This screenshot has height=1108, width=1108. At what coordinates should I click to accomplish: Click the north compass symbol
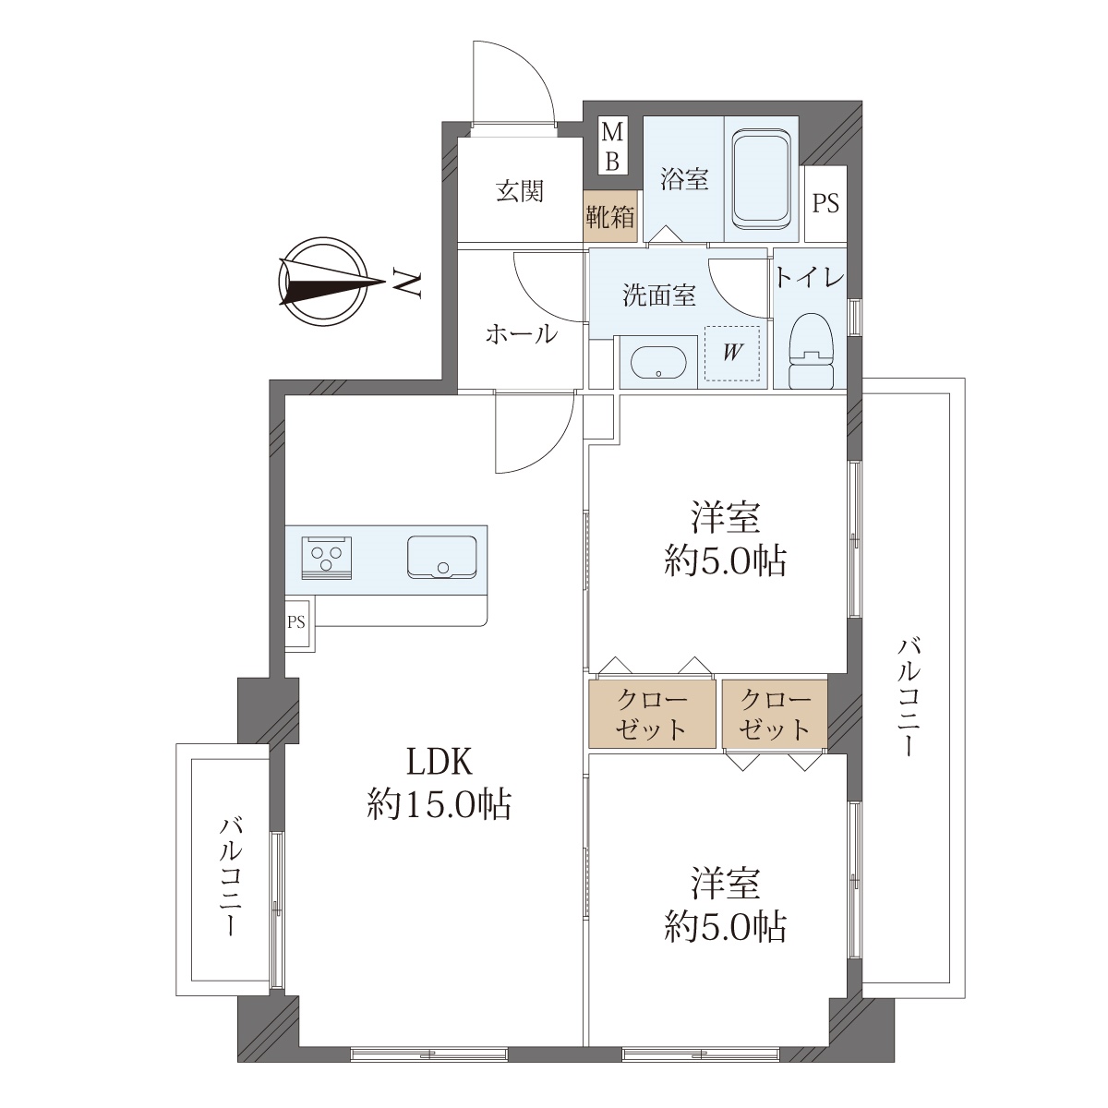point(323,283)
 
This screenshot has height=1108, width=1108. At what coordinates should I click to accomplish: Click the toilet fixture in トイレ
point(812,351)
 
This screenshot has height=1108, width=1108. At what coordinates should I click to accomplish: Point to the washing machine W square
point(732,353)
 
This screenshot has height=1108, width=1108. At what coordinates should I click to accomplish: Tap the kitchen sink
point(441,557)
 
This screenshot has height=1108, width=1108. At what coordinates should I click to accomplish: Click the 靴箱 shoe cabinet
point(610,216)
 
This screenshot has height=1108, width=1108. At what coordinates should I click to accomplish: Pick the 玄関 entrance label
point(520,191)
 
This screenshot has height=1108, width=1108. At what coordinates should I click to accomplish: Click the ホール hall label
point(522,334)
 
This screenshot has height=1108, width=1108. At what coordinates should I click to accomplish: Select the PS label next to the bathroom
point(825,203)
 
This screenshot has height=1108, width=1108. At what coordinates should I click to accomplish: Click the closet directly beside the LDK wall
point(652,715)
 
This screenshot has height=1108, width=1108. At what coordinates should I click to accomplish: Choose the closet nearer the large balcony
point(775,715)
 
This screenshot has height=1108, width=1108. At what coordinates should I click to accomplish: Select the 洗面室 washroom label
point(659,295)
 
